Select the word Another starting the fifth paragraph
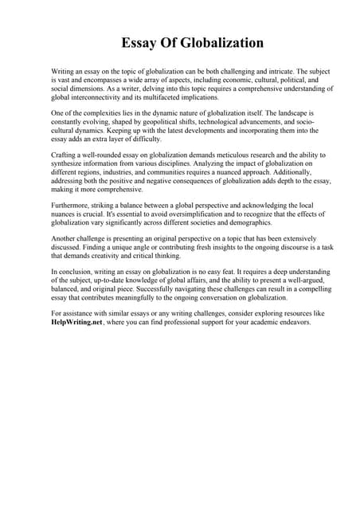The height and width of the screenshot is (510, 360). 65,239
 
